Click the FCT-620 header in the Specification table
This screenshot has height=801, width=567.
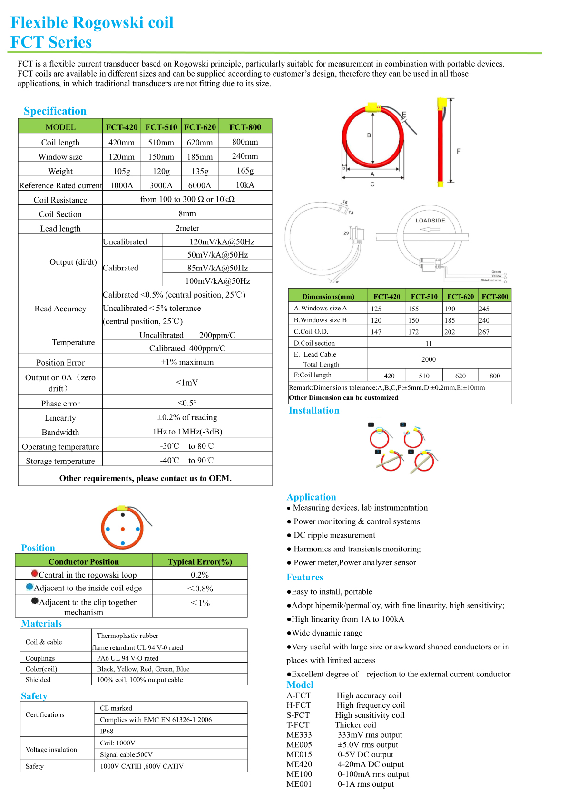[200, 127]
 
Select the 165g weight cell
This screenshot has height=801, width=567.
[245, 171]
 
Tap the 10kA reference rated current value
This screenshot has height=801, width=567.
[245, 185]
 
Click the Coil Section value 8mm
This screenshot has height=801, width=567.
[187, 213]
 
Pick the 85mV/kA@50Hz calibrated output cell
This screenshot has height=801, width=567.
[217, 268]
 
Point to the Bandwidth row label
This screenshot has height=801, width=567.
[60, 432]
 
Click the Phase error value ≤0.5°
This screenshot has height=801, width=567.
[187, 403]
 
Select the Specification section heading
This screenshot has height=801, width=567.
[55, 111]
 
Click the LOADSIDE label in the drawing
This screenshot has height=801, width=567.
[430, 221]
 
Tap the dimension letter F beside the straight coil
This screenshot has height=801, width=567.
[459, 151]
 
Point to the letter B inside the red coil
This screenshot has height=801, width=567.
[369, 135]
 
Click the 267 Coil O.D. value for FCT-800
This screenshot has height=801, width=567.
[484, 332]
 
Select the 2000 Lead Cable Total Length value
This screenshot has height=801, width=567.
[428, 359]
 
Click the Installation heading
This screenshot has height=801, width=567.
[314, 410]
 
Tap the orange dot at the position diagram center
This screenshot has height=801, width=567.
[123, 529]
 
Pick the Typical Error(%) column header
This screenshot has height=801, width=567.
[200, 561]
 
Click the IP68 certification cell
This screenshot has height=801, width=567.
[107, 731]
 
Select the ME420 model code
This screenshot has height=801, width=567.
[299, 764]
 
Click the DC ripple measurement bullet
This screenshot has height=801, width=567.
[334, 535]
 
